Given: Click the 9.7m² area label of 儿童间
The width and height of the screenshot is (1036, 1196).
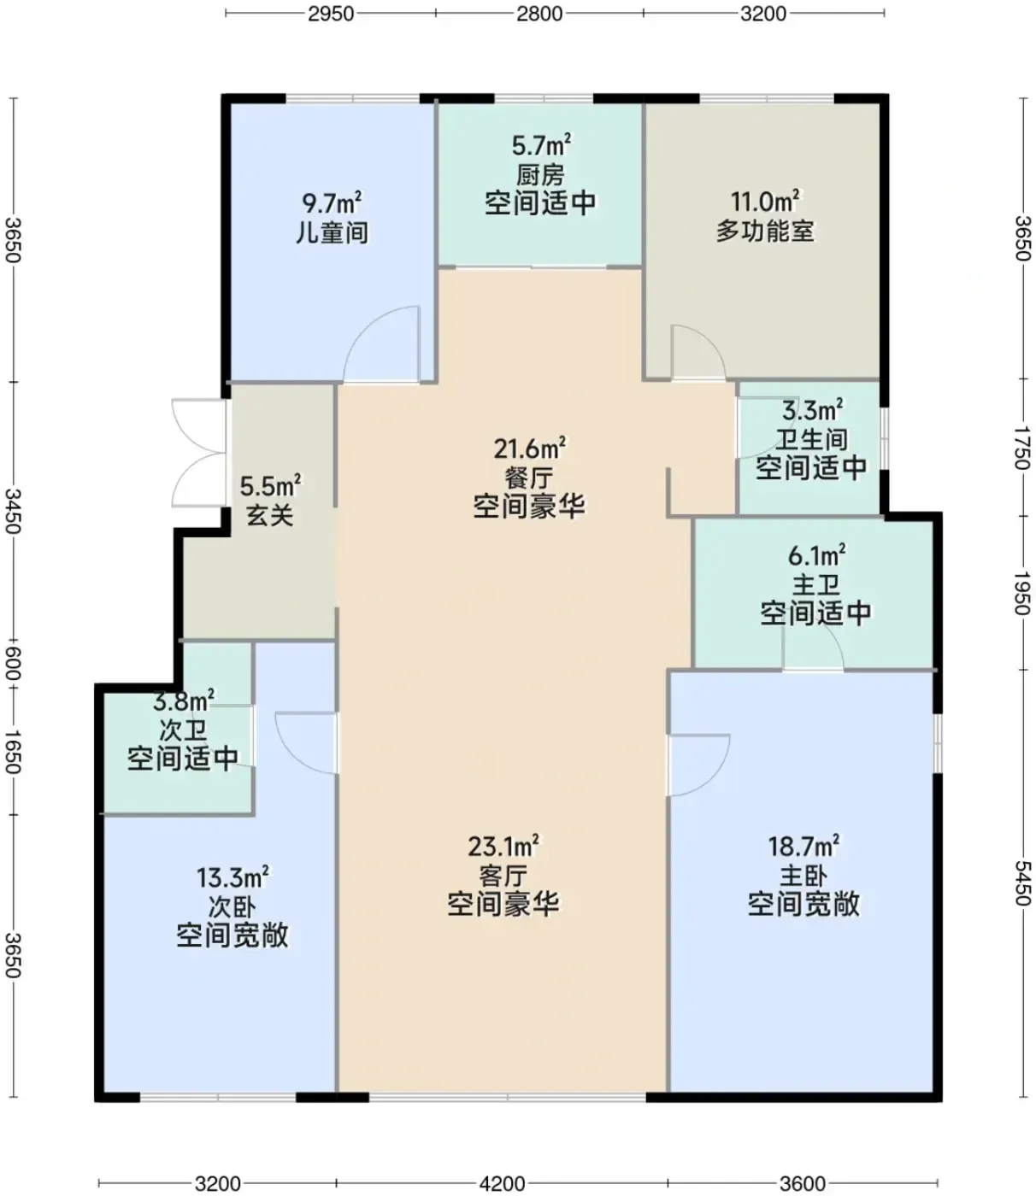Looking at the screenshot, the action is coord(332,202).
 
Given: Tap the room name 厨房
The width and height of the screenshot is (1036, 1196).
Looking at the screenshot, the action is coord(540,174).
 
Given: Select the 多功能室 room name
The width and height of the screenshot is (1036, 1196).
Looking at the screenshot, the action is coord(765,231).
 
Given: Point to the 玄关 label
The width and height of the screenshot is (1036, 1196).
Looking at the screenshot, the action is coord(270,515).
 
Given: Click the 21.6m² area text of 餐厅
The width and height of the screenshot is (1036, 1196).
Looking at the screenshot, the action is coord(529,448).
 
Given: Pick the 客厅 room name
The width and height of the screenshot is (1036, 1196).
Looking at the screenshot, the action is coord(503,876).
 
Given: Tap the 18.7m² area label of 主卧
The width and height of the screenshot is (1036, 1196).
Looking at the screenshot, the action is coord(803,847).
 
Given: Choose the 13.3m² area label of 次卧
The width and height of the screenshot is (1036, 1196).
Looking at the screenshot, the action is coord(233,877).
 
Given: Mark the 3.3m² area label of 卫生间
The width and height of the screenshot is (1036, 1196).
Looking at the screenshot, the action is coord(812,410).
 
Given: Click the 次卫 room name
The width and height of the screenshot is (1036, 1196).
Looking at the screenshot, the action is coord(183,730).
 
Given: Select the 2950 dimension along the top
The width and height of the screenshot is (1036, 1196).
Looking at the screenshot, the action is coord(331,14).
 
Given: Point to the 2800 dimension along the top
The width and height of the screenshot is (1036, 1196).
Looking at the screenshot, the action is coord(539,14).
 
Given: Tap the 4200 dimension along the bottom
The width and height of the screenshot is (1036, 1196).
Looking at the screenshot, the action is coord(502,1183).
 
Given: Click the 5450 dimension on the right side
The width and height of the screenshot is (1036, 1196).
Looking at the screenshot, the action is coord(1022,883).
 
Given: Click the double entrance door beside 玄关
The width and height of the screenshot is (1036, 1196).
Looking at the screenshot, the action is coord(198,453).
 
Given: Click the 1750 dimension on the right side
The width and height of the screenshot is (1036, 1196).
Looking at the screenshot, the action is coord(1022,448).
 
